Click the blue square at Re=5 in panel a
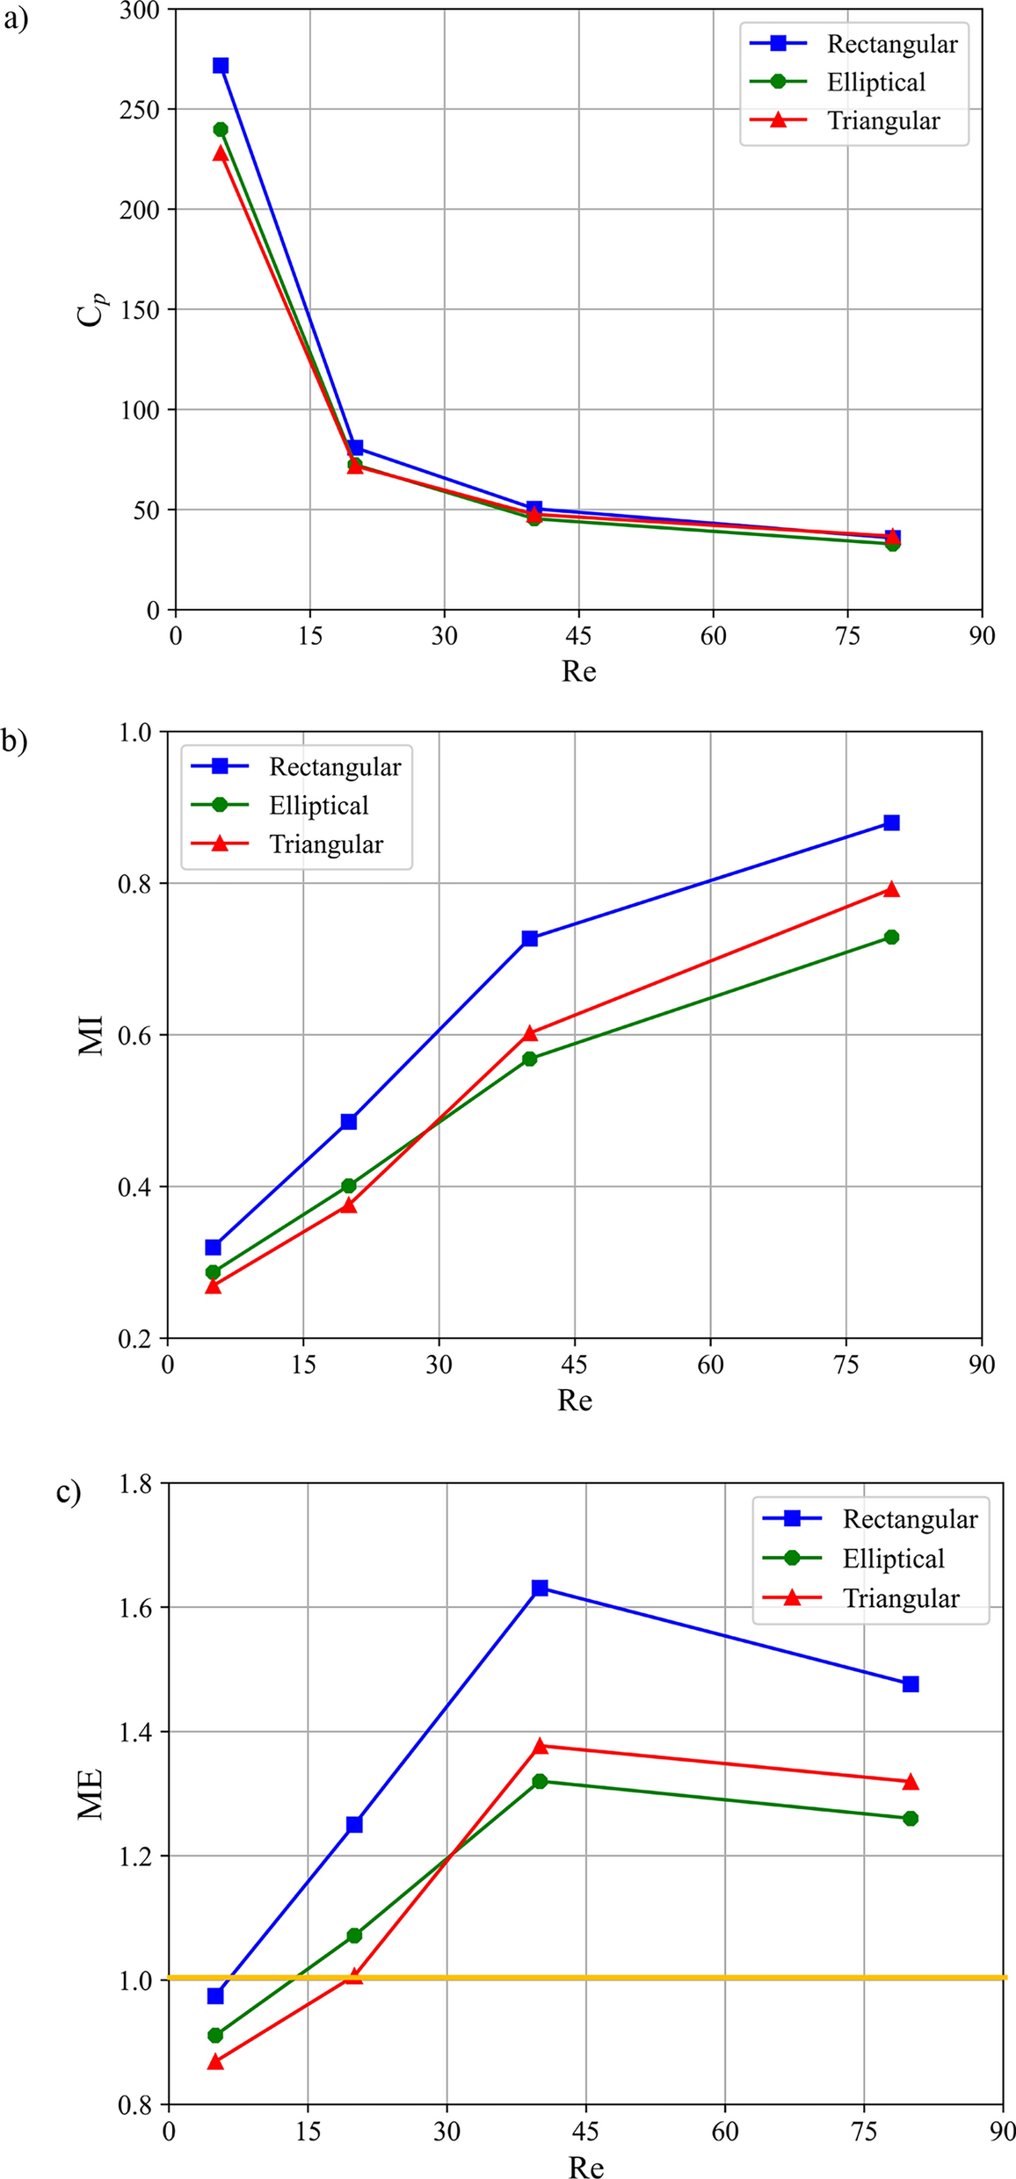coord(221,66)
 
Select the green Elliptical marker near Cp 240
coord(221,130)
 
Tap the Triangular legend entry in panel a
coord(882,121)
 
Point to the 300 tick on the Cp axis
coord(141,11)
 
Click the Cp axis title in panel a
coord(91,309)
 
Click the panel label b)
coord(14,741)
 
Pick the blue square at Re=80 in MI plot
coord(891,822)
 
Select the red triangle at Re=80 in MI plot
coord(891,889)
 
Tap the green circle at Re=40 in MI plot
coord(529,1059)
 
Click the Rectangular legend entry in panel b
coord(334,767)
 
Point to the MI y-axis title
coord(91,1035)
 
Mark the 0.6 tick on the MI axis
coord(136,1035)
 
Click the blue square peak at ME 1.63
coord(540,1588)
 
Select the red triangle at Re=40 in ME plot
coord(540,1746)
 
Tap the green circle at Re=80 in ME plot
coord(911,1818)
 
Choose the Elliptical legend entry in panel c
coord(892,1559)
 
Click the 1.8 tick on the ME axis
coord(136,1485)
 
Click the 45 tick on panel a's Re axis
coord(578,635)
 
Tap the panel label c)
coord(69,1491)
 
